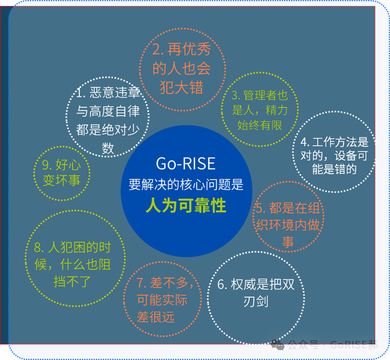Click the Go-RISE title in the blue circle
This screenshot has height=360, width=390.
[186, 163]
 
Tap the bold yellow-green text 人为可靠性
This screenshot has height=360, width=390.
[186, 206]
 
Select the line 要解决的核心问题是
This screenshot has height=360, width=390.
[186, 185]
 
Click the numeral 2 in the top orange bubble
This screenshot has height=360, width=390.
[156, 49]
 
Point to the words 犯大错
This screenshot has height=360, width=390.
[182, 88]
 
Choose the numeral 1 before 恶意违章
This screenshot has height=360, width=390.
[80, 93]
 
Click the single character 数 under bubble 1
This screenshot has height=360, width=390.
[108, 148]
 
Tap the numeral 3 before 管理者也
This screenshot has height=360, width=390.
[235, 95]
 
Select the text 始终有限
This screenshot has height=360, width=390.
[260, 125]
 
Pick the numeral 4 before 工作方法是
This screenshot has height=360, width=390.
[304, 142]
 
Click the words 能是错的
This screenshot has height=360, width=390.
[334, 169]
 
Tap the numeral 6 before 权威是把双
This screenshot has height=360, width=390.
[221, 284]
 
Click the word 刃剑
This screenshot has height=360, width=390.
[256, 302]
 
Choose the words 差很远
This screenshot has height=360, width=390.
[155, 317]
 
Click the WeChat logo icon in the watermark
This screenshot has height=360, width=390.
[277, 344]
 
